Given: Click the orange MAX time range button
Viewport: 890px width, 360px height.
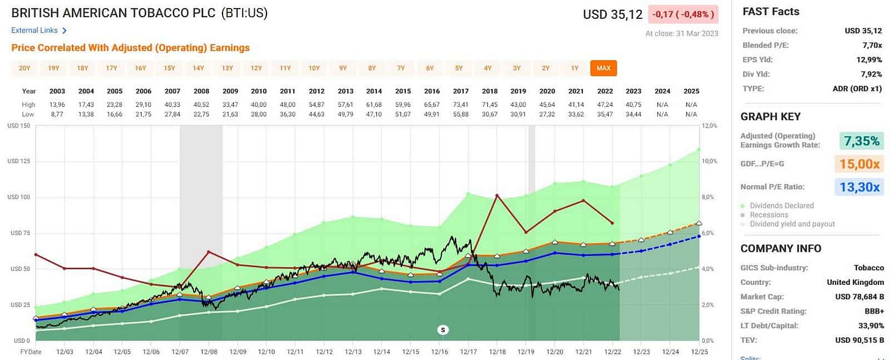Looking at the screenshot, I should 603,68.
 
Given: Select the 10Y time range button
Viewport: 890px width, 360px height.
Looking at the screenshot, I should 314,68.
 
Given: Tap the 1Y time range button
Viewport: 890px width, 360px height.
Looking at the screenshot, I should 575,68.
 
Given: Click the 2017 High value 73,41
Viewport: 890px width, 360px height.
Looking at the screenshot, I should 461,105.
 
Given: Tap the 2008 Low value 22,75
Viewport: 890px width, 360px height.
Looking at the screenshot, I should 201,114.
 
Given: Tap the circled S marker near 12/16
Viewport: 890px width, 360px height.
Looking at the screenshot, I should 444,330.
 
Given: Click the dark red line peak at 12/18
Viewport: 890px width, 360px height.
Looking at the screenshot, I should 497,195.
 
